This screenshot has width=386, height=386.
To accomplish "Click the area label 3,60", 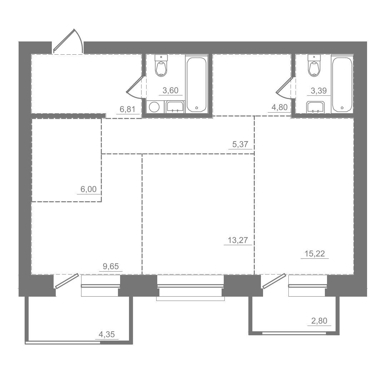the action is click(x=170, y=90).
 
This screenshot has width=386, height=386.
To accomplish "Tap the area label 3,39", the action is click(x=318, y=91).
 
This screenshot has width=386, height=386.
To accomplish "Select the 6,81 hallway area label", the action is click(x=128, y=109).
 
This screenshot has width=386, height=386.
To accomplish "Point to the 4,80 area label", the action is click(x=279, y=108).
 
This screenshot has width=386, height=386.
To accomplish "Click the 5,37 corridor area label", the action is click(x=240, y=144).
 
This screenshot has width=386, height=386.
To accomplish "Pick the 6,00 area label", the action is click(x=89, y=189).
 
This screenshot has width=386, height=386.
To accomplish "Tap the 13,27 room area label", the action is click(x=238, y=240).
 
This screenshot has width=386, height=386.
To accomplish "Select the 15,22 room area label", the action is click(x=315, y=253).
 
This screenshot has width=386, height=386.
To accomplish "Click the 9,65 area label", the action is click(x=111, y=266).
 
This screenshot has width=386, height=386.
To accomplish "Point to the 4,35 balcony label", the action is click(x=107, y=334).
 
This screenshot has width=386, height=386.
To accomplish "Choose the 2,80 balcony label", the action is click(x=319, y=321).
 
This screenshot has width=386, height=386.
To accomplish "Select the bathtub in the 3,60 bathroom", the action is click(x=197, y=84).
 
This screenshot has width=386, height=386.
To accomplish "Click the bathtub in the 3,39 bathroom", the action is click(x=342, y=84).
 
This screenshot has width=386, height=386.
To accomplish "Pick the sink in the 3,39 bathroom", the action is click(x=316, y=107).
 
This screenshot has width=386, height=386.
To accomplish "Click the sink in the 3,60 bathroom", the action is click(x=175, y=107).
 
